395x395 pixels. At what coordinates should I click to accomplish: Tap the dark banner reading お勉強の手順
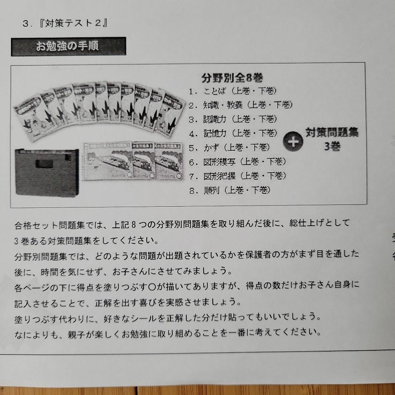(68, 46)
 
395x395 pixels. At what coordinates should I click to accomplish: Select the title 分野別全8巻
(233, 78)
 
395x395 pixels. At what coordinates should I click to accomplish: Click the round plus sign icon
(293, 142)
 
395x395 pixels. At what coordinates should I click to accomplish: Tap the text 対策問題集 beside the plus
(332, 133)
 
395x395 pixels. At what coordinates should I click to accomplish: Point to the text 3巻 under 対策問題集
(332, 147)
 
